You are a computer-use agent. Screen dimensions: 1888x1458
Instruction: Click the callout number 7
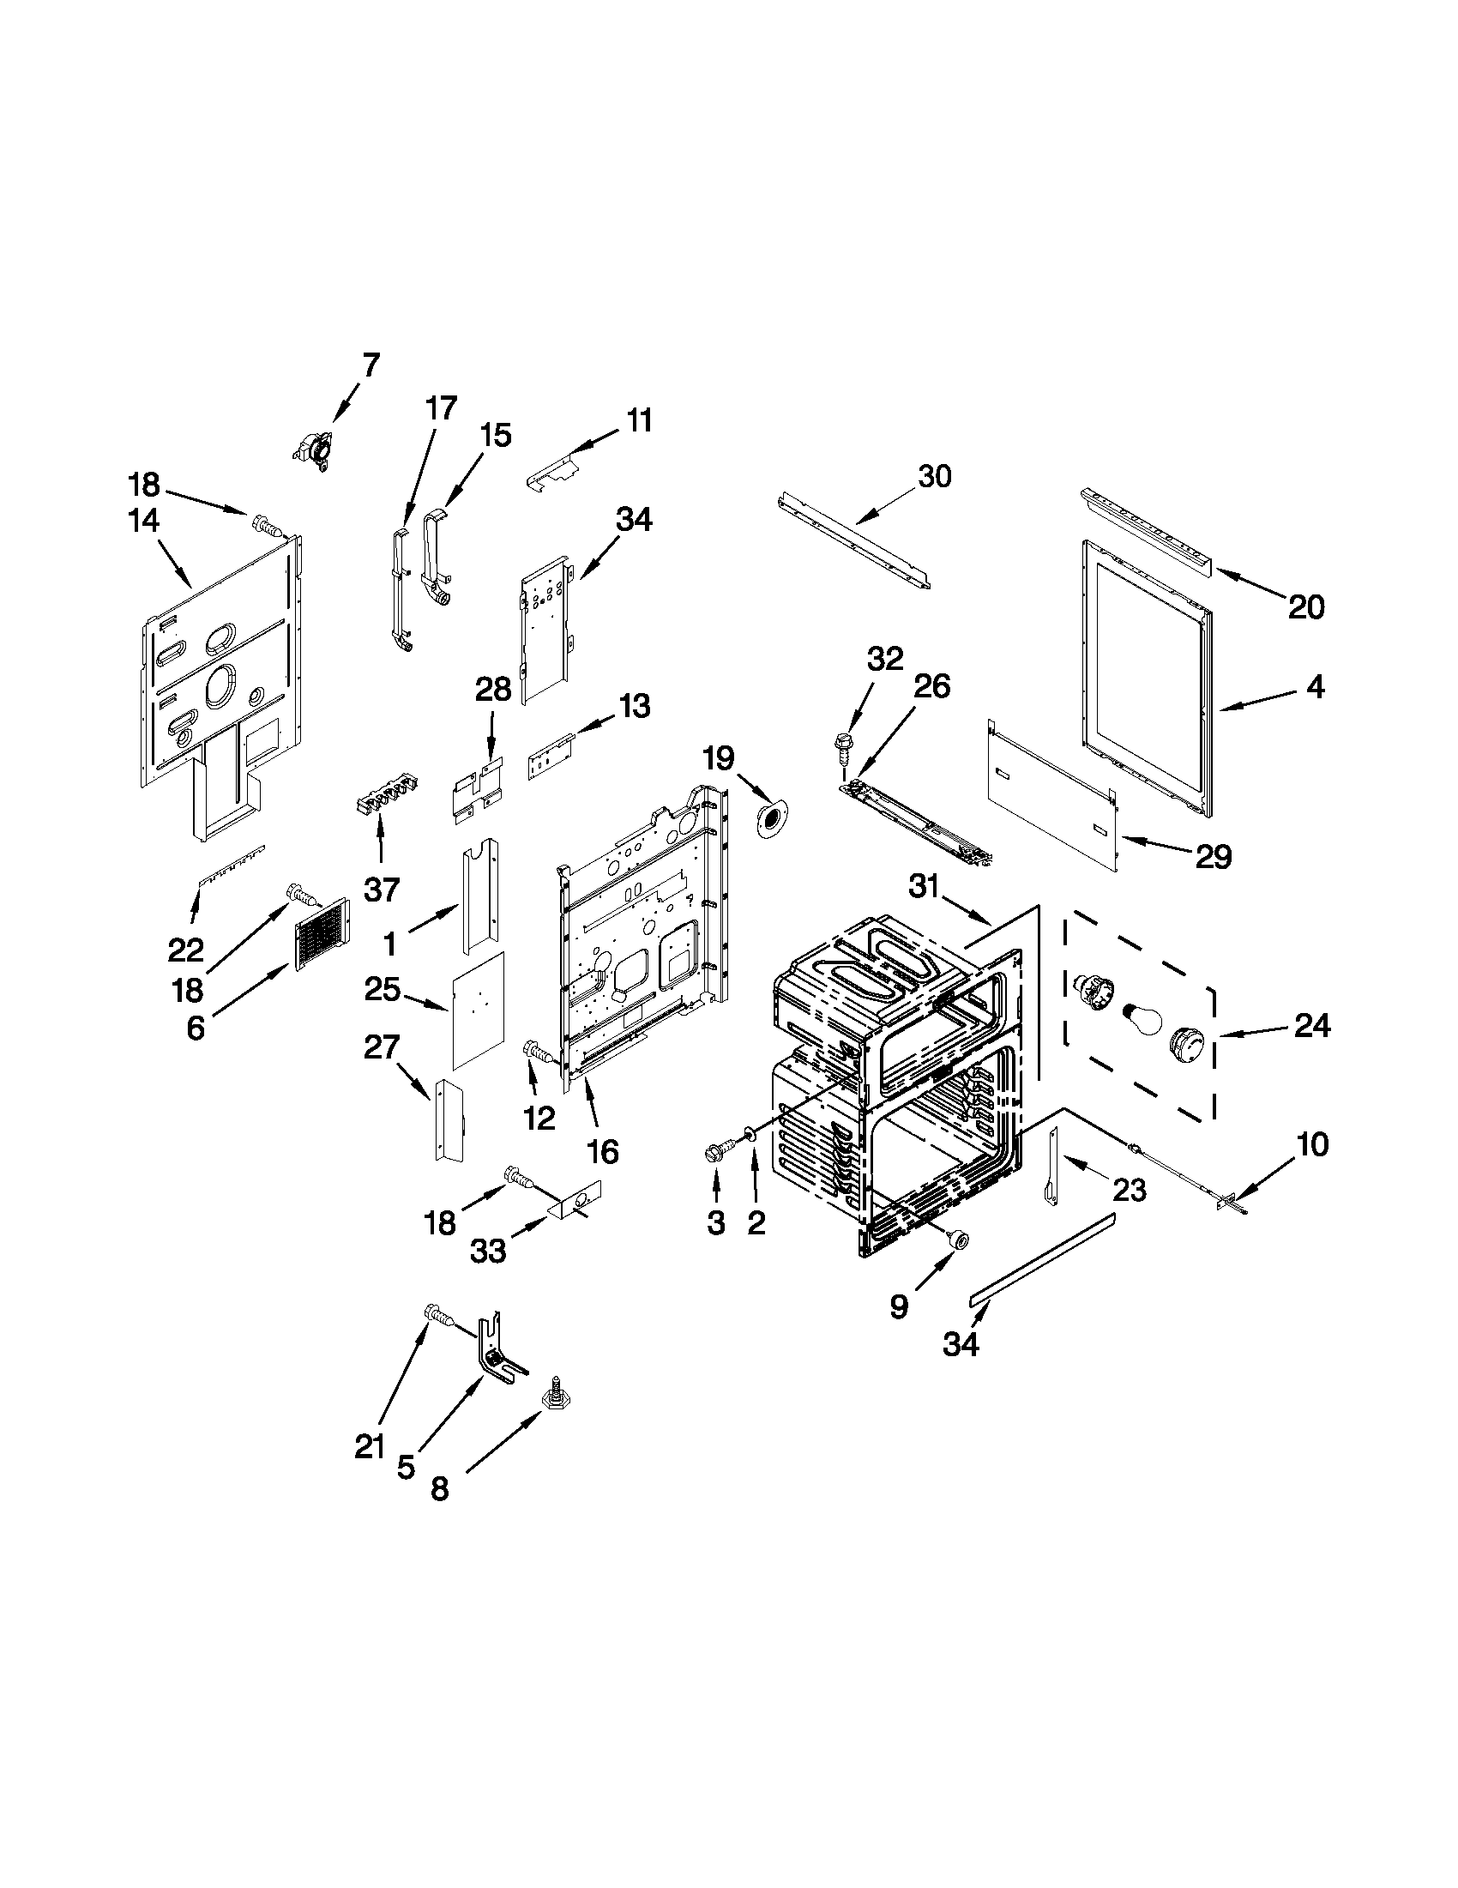tap(370, 365)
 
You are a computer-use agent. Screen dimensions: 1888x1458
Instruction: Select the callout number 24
tap(1311, 1026)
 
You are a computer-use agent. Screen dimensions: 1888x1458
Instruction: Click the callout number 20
tap(1306, 607)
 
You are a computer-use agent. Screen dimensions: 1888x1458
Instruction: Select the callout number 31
tap(924, 886)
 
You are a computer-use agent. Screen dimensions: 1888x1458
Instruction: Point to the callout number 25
tap(382, 989)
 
